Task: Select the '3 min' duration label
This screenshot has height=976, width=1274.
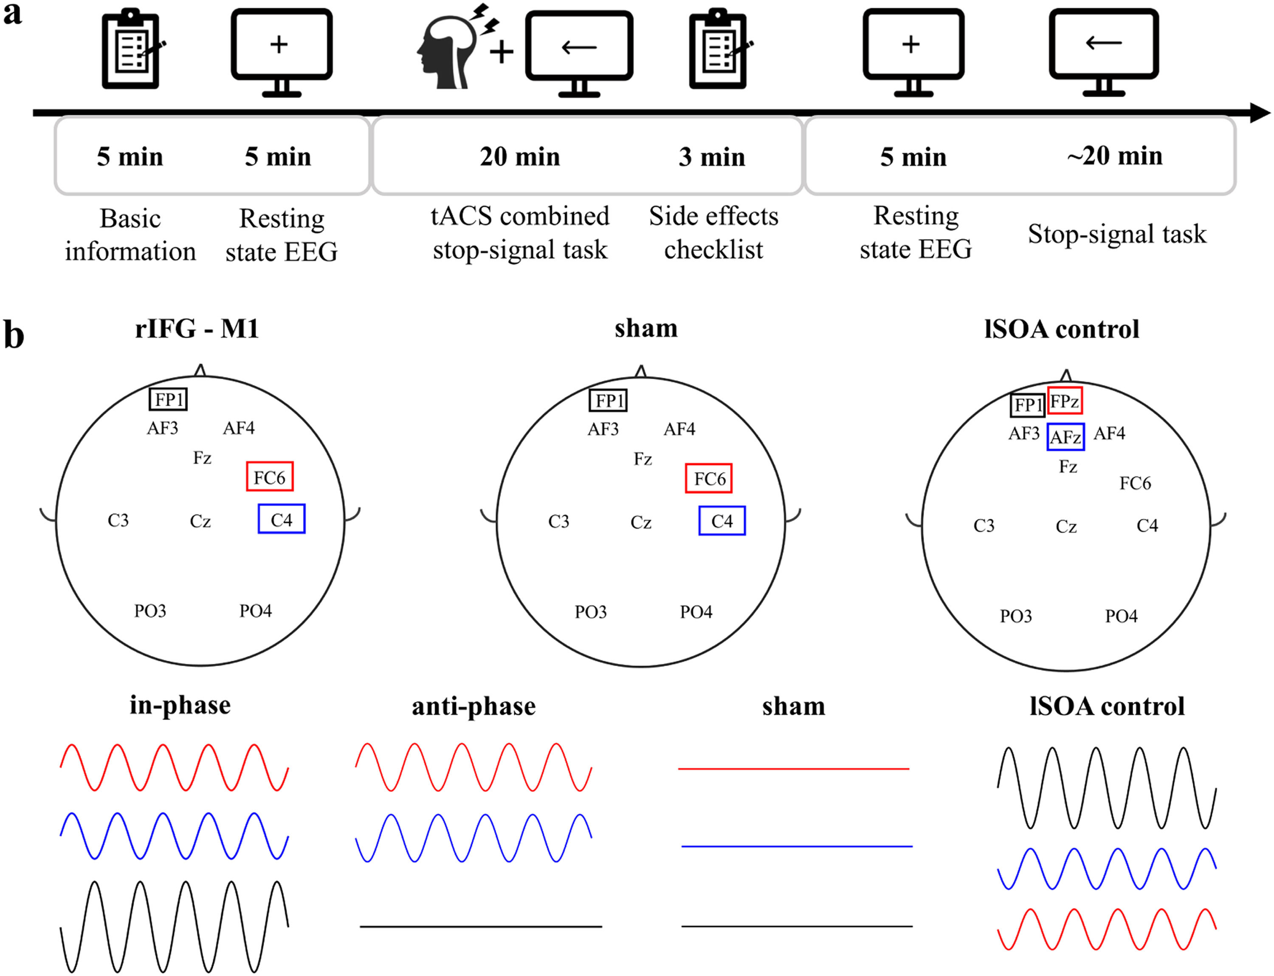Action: pyautogui.click(x=711, y=157)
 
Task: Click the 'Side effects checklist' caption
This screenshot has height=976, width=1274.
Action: pyautogui.click(x=713, y=232)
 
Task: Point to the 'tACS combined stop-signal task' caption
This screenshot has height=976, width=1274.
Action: pyautogui.click(x=520, y=232)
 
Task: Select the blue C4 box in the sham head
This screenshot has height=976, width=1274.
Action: pyautogui.click(x=722, y=521)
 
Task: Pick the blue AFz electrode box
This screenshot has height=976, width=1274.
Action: pyautogui.click(x=1065, y=437)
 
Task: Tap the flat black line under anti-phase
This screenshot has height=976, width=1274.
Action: pyautogui.click(x=480, y=926)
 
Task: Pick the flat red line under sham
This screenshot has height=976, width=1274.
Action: pyautogui.click(x=793, y=769)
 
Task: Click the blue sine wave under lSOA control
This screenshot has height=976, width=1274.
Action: pyautogui.click(x=1106, y=868)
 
